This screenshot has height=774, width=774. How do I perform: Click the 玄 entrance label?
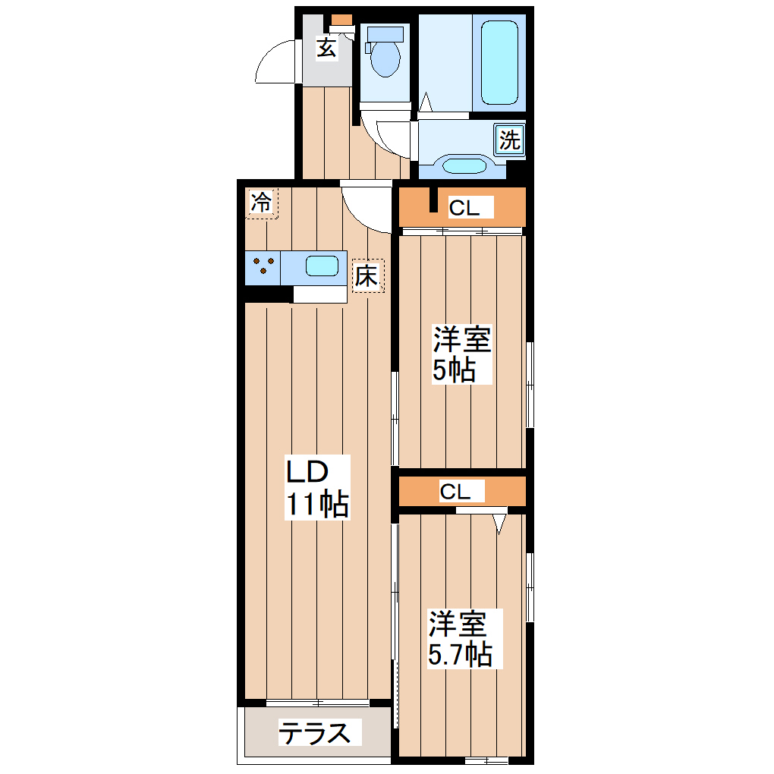click(x=326, y=48)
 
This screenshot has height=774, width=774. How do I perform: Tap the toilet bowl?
click(x=385, y=60)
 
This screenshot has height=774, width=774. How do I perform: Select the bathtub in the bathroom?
click(x=499, y=63)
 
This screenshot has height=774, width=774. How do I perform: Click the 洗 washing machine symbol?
click(x=510, y=140)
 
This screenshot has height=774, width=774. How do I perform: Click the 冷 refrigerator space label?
click(x=261, y=203)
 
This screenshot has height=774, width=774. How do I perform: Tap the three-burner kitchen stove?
click(x=264, y=266)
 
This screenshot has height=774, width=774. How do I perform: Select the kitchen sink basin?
click(x=322, y=266)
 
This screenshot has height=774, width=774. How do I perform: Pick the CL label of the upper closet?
click(x=464, y=208)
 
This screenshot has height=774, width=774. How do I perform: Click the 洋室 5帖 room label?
click(x=461, y=354)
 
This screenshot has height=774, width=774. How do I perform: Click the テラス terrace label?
click(x=315, y=733)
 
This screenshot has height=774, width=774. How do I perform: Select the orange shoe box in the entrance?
click(x=341, y=20)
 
